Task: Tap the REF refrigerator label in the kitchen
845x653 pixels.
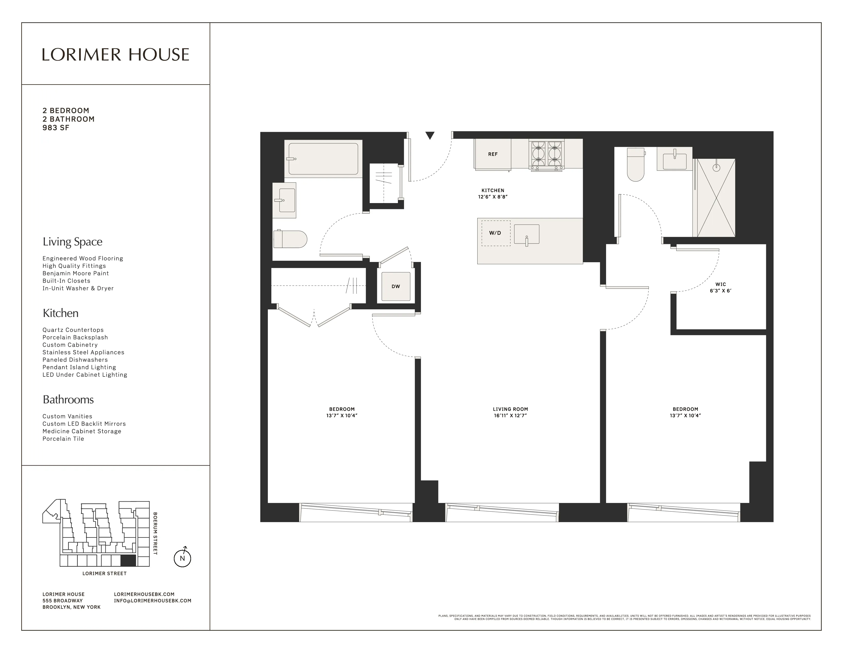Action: click(492, 154)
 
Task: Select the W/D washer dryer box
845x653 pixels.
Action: click(495, 233)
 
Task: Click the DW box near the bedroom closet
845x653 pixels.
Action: click(395, 286)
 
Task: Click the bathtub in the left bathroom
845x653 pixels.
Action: click(323, 159)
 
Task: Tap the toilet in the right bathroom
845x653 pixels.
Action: click(635, 165)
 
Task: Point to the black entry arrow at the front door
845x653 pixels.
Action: click(430, 135)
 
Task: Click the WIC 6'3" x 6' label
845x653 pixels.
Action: click(720, 287)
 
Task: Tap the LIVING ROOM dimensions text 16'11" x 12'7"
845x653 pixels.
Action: click(510, 415)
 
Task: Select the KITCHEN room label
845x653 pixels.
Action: click(492, 190)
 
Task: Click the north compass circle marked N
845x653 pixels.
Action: click(182, 558)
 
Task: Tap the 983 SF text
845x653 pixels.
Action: click(56, 128)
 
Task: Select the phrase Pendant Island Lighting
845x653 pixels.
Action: click(79, 367)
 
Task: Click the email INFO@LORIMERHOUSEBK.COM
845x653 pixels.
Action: click(152, 601)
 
